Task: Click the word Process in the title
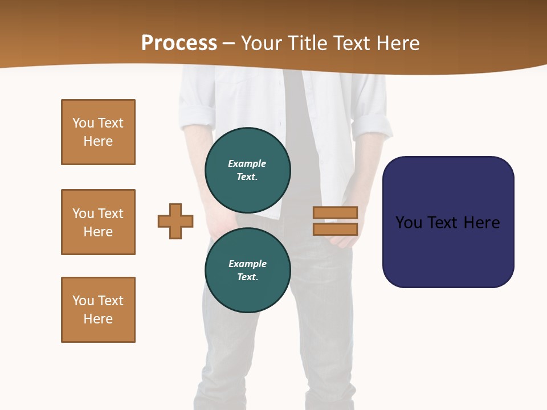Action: [x=179, y=43]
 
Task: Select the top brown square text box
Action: [x=98, y=132]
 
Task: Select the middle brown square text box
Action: [x=98, y=222]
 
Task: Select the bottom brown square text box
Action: [x=98, y=310]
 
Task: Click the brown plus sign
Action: [x=175, y=221]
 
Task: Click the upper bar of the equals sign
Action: [x=335, y=213]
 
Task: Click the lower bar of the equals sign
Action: [x=335, y=229]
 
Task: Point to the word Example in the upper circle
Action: [x=247, y=163]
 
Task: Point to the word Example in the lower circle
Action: [x=247, y=264]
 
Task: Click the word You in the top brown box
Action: [x=83, y=123]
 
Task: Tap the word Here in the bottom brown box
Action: [x=98, y=319]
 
